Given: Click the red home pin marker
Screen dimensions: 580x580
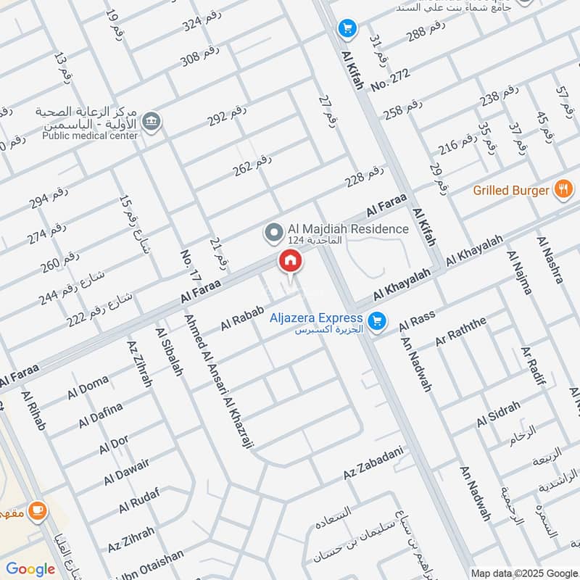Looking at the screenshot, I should (290, 262).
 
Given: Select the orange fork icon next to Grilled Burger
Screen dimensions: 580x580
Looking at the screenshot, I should (563, 190).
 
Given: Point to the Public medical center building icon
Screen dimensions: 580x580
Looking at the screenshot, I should (151, 120).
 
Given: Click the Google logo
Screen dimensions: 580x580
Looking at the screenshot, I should (30, 569).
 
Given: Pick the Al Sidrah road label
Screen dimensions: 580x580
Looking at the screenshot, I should (498, 414).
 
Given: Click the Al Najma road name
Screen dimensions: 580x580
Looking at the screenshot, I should (520, 273).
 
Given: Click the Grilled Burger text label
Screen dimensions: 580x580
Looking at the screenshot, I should (511, 191).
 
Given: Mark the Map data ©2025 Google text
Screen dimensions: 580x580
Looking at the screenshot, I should (523, 572).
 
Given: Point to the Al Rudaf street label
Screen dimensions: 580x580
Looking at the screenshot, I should (138, 500).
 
